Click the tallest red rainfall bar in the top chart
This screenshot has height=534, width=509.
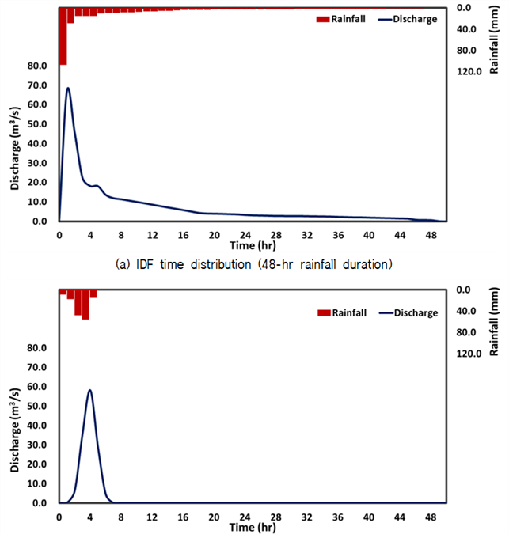point(63,36)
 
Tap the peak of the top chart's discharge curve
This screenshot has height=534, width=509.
point(68,88)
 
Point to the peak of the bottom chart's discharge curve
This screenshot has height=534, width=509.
point(90,390)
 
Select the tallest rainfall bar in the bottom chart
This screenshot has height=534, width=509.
point(85,305)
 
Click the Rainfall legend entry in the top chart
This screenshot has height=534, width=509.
point(340,19)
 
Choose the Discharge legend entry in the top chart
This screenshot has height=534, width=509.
point(408,19)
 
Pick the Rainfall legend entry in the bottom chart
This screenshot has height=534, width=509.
point(342,312)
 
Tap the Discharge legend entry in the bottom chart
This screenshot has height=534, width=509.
point(408,312)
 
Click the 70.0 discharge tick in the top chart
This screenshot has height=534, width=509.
point(37,85)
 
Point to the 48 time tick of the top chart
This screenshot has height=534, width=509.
point(431,235)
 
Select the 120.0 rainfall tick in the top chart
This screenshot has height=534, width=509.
point(469,71)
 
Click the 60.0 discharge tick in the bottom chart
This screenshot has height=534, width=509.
point(37,387)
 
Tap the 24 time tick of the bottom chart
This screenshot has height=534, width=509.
point(245,517)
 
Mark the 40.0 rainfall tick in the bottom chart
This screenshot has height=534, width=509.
point(466,311)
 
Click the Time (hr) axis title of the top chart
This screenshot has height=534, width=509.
point(253,245)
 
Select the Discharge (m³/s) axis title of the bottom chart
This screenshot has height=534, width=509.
point(15,430)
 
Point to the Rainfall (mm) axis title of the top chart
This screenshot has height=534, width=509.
point(494,40)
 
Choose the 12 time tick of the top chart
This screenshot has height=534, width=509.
point(152,235)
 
